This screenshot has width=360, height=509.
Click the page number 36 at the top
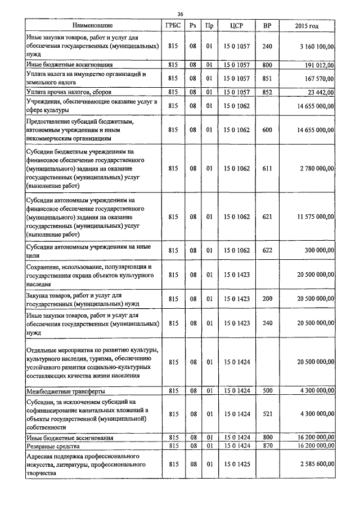(x=180, y=14)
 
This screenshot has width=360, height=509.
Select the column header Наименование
(x=93, y=25)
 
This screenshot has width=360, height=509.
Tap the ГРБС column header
(x=172, y=25)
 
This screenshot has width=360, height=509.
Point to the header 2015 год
(x=307, y=25)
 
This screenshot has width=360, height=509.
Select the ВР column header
(x=267, y=25)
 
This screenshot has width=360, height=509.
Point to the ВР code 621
(x=267, y=217)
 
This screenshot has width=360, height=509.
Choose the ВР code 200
(x=267, y=299)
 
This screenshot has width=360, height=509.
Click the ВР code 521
(x=267, y=414)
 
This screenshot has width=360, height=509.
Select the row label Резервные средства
(x=56, y=445)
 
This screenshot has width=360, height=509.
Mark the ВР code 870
(x=267, y=445)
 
